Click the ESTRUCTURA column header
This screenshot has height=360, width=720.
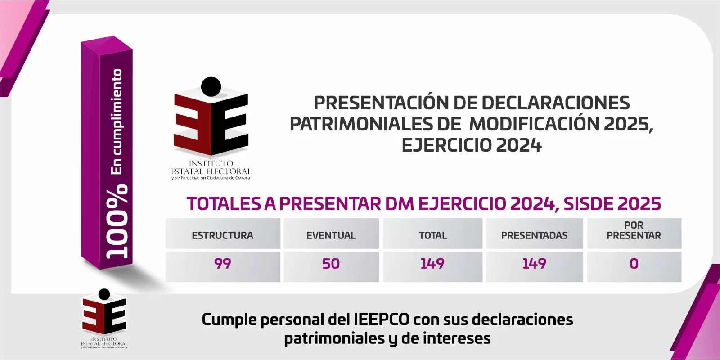click(x=222, y=235)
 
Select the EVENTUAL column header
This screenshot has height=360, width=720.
click(x=331, y=235)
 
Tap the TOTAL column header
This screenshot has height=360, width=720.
click(x=433, y=235)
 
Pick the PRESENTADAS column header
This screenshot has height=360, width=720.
click(x=534, y=235)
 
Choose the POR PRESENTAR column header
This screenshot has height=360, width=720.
click(x=634, y=230)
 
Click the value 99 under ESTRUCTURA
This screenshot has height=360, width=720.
click(x=222, y=264)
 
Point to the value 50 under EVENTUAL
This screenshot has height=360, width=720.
click(x=331, y=264)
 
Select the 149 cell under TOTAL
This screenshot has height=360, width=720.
click(x=432, y=264)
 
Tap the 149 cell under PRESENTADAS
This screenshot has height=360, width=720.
click(x=534, y=264)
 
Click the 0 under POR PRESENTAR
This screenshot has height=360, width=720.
click(x=634, y=264)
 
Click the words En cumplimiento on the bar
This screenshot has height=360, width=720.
click(x=117, y=121)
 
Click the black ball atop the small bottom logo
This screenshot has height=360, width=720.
click(x=104, y=294)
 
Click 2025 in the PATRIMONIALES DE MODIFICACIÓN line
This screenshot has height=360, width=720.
click(x=628, y=124)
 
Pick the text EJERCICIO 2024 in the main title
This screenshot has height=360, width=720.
click(x=472, y=145)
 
